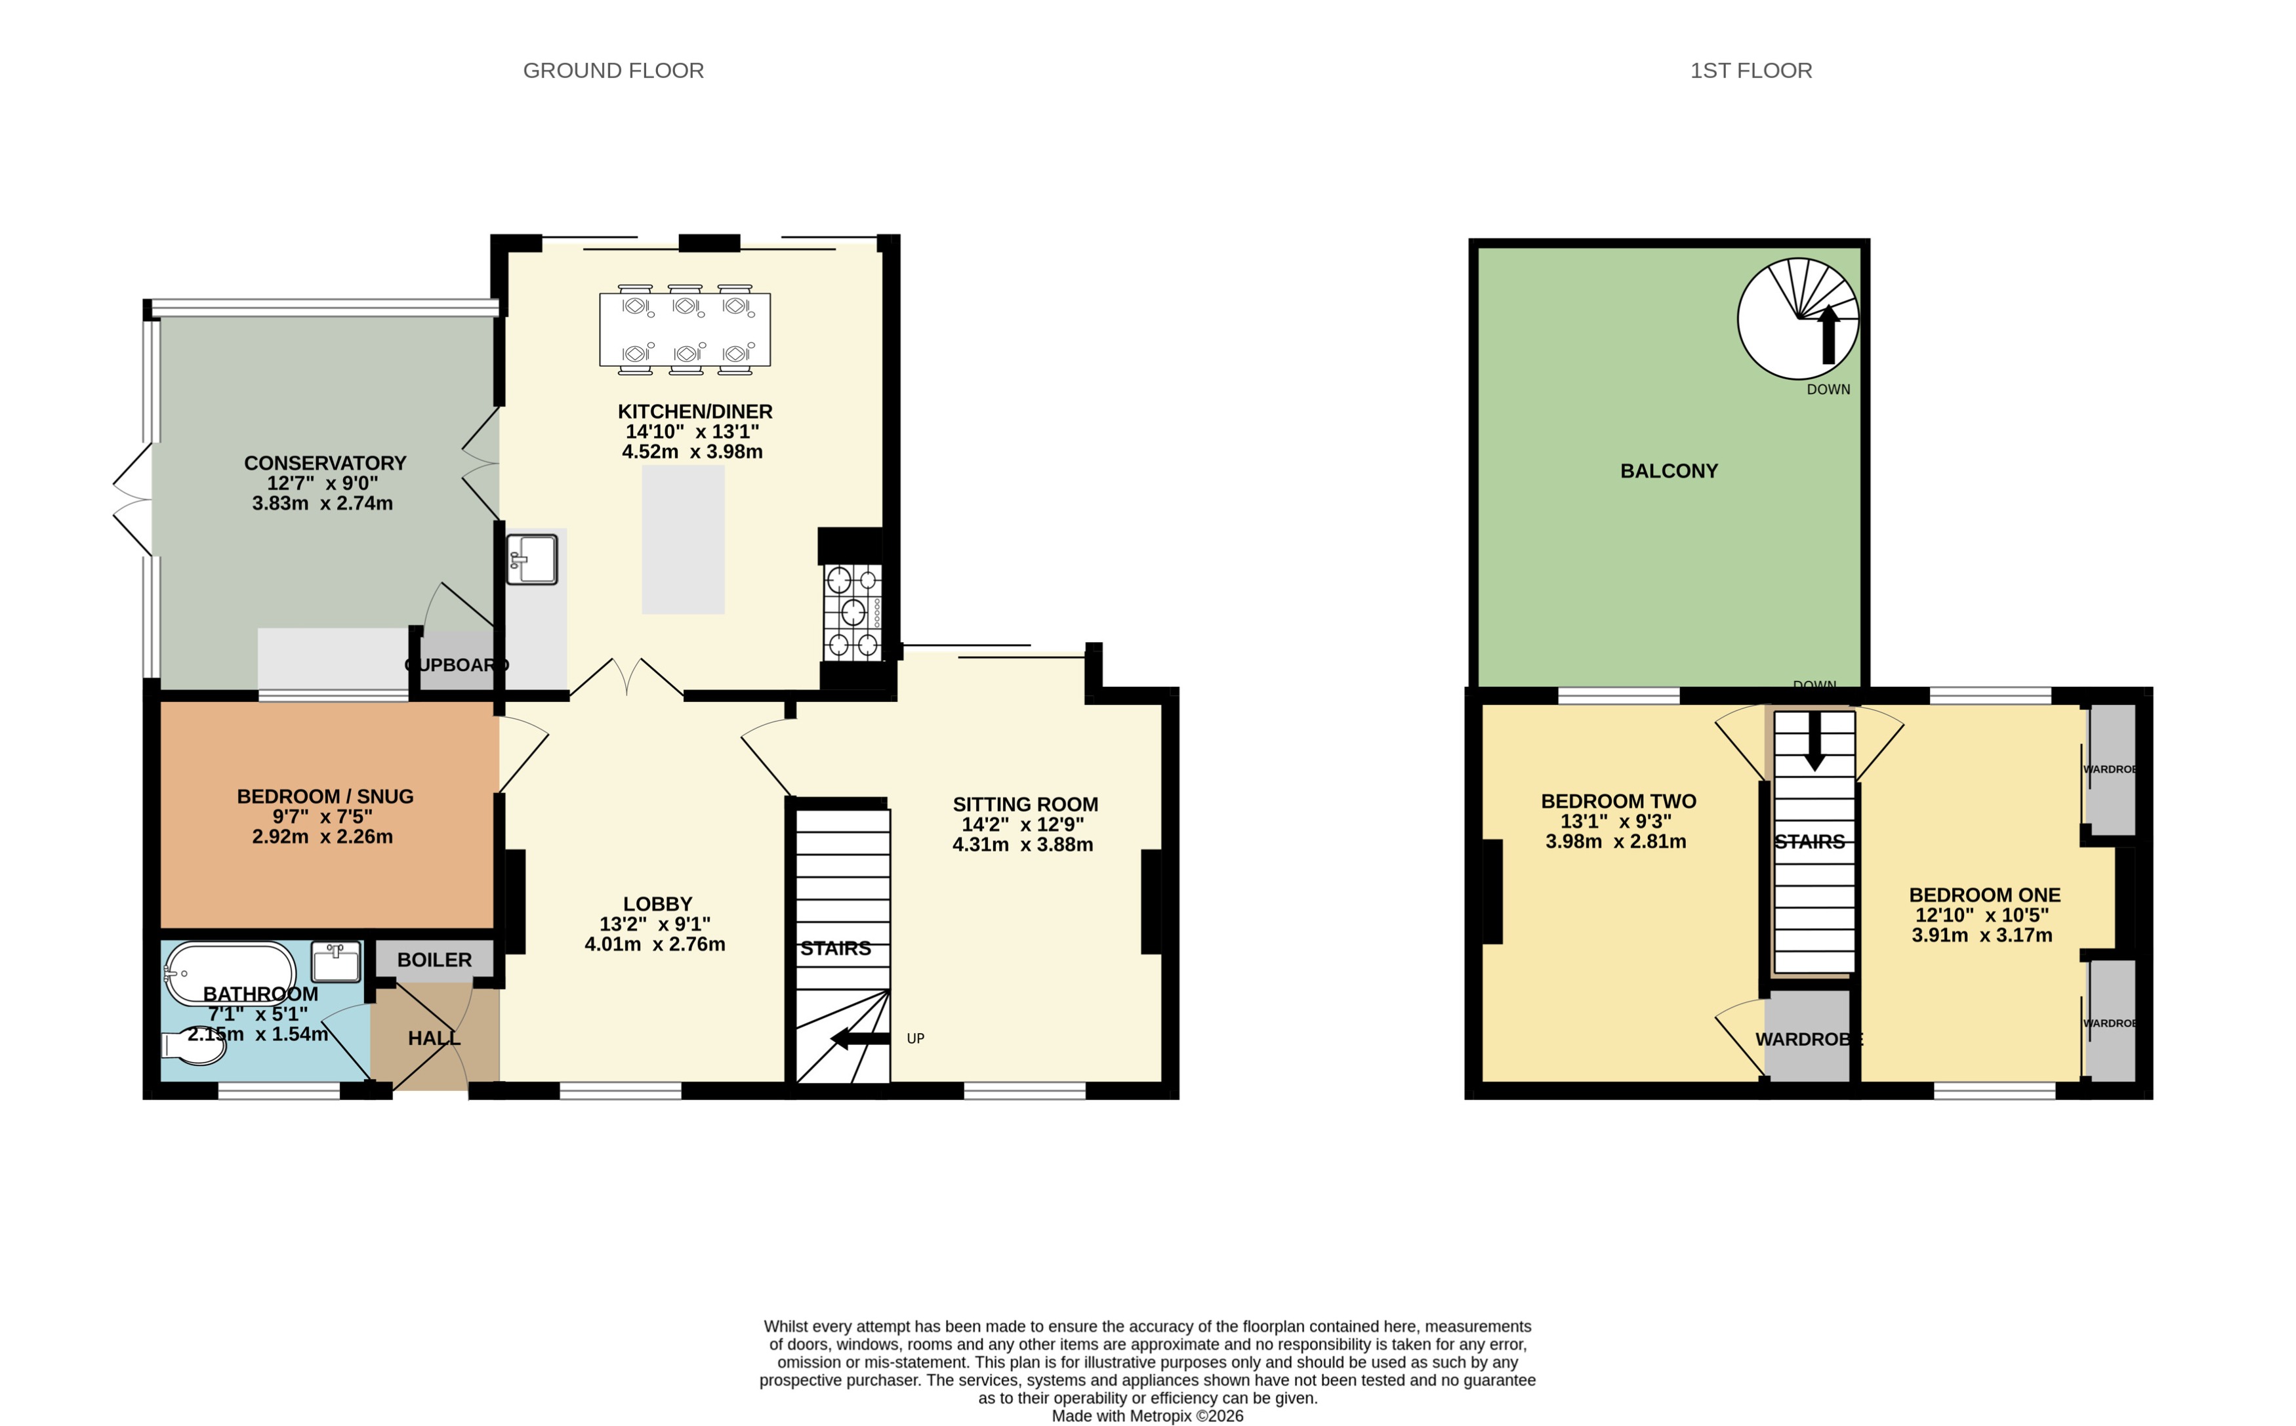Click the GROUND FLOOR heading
point(613,71)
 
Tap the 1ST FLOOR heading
point(1750,71)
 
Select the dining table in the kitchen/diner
point(685,329)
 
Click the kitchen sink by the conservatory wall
point(532,558)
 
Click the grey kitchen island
point(683,539)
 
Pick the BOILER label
point(434,959)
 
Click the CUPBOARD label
point(457,665)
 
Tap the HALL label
point(434,1038)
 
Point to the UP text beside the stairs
point(914,1038)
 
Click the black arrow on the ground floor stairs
point(860,1039)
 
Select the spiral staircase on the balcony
point(1797,319)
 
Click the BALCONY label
point(1668,470)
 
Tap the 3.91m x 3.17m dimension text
point(1981,935)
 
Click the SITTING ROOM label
point(1025,804)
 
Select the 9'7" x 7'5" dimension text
point(323,817)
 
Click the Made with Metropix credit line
point(1147,1416)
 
